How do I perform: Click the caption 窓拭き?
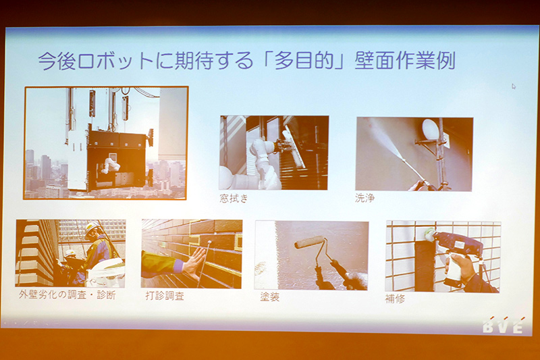[234, 198]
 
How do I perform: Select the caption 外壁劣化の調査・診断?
[67, 296]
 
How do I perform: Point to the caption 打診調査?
[164, 296]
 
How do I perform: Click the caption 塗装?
[269, 297]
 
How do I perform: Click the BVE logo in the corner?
[502, 326]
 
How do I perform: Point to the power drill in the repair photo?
[459, 245]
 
